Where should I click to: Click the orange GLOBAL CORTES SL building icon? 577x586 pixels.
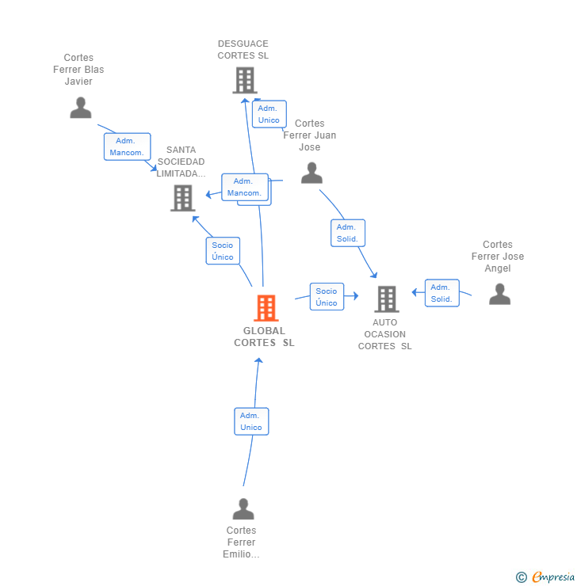point(266,308)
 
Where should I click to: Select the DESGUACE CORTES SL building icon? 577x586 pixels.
point(245,80)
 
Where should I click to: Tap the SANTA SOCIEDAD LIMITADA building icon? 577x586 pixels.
point(183,198)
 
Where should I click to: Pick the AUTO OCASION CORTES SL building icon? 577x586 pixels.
point(387,299)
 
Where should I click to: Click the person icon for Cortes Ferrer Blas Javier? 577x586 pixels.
point(81,108)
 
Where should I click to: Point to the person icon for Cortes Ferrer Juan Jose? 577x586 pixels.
point(312,173)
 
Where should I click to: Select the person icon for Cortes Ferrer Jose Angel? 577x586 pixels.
point(499,294)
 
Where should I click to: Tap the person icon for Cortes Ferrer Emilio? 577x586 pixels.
point(243,508)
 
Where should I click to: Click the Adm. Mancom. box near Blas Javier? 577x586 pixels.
point(127,146)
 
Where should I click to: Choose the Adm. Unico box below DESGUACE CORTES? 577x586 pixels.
point(269,114)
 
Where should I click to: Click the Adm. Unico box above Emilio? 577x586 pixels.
point(251,421)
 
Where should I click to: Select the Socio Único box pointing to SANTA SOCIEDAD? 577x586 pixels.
point(223,251)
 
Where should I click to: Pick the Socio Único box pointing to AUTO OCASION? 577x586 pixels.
point(327,297)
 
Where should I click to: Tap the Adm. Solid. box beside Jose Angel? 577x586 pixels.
point(441,293)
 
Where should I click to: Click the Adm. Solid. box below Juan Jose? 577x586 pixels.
point(347,233)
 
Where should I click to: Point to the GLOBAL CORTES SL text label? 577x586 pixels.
point(265,337)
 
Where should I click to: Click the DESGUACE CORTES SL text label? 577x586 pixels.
point(243,50)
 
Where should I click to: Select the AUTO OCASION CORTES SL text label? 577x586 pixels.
point(385,334)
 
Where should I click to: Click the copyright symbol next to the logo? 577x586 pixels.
point(522,577)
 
